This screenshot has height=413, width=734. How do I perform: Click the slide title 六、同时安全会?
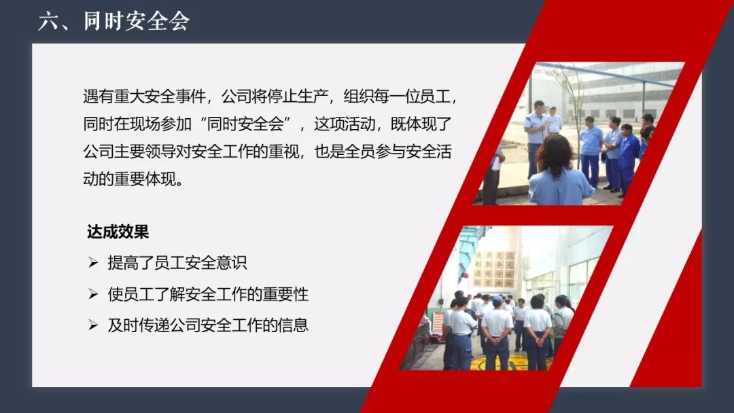coord(113,21)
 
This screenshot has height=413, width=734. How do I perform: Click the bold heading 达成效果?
coord(118,232)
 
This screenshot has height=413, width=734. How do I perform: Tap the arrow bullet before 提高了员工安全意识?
coord(93,262)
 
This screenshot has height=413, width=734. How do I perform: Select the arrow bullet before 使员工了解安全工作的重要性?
coord(93,293)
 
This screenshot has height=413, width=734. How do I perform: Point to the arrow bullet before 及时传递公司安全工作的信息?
coord(93,325)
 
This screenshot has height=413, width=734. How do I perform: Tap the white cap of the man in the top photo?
coord(553,109)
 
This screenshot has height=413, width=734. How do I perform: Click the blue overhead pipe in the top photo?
coord(608,74)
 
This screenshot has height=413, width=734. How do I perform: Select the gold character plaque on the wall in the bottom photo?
coord(493,269)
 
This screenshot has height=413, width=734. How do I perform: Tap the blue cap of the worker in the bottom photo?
coord(497,300)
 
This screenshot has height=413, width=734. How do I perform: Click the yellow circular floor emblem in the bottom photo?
coord(511,363)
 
